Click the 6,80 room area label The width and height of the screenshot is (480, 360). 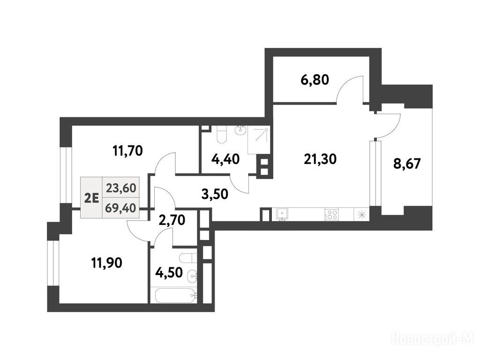point(315,80)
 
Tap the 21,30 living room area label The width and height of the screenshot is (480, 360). point(320,159)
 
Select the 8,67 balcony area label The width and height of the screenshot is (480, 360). point(407,164)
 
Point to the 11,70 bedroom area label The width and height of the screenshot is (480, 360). point(128,150)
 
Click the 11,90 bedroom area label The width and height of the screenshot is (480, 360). point(107,262)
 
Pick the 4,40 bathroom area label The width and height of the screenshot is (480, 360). point(225,159)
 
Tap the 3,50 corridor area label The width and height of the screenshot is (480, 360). point(215,194)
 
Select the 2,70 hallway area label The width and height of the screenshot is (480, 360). point(172,220)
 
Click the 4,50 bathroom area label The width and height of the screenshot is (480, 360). point(169,272)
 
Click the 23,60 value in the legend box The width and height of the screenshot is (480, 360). point(121,188)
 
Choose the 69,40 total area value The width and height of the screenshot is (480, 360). point(120,208)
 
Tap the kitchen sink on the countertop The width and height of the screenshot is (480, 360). point(282,213)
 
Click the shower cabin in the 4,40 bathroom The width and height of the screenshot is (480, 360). point(259,141)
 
